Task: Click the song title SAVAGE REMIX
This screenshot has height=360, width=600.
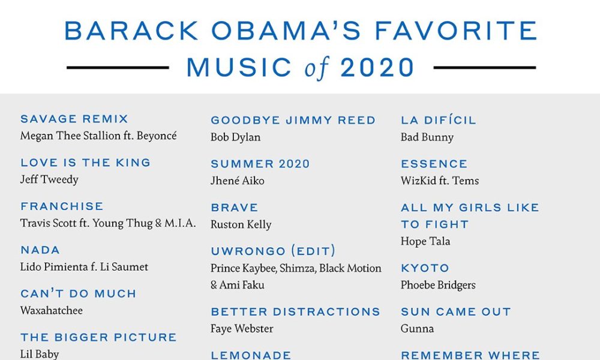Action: point(74,119)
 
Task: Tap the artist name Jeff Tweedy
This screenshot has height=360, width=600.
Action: point(49,179)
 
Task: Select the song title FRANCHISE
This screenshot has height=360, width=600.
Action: point(62,206)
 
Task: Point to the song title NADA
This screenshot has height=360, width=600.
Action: point(40,250)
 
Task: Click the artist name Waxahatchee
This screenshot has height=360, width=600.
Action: point(52,310)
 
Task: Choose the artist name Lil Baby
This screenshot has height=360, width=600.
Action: point(40,354)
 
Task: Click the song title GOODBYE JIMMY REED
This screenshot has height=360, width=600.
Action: point(293,120)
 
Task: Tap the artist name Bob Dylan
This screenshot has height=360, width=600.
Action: point(236,137)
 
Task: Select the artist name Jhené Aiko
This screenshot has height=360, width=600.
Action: point(238,181)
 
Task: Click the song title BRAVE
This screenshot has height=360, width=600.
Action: point(235,208)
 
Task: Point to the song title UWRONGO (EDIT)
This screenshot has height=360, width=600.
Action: point(273,251)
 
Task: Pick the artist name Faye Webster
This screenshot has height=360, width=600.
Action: point(242,329)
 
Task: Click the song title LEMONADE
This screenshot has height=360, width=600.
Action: point(251,355)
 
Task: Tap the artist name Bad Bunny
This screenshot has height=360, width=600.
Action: point(427,137)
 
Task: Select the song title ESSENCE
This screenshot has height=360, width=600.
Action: point(434,164)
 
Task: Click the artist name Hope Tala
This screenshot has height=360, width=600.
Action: point(425,241)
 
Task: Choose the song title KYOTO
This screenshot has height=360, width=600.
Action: point(425,268)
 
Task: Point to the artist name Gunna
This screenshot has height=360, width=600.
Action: point(418,329)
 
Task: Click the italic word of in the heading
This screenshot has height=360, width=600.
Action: point(317,68)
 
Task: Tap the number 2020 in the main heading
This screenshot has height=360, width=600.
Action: point(377,68)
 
